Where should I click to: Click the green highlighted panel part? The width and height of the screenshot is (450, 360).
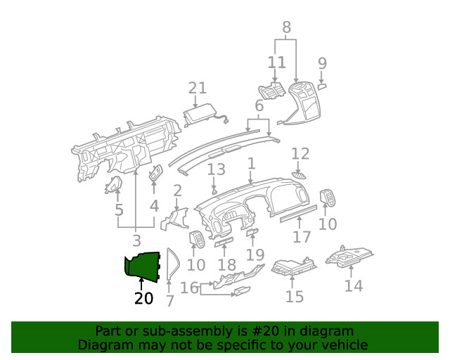(x=143, y=265)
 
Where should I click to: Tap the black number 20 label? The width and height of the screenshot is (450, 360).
(x=143, y=299)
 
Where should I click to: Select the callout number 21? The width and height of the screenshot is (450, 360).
(x=198, y=88)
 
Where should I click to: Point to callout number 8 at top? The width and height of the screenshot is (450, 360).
(x=286, y=28)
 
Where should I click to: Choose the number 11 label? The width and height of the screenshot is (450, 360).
(x=277, y=63)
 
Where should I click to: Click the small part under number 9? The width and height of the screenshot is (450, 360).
(x=321, y=87)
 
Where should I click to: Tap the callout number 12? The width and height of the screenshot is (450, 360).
(x=300, y=153)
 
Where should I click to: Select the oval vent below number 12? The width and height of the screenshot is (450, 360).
(x=300, y=174)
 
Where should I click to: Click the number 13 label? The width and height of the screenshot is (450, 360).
(x=216, y=169)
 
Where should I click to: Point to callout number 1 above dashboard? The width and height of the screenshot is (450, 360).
(x=250, y=164)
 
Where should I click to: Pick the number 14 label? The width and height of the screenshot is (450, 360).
(x=354, y=286)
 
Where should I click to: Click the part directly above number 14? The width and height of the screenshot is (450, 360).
(x=352, y=257)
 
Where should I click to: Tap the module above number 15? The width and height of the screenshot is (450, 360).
(x=292, y=267)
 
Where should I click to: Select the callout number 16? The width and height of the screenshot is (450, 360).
(x=189, y=287)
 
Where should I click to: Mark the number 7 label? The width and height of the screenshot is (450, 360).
(x=169, y=301)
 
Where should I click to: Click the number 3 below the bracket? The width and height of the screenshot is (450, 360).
(x=136, y=240)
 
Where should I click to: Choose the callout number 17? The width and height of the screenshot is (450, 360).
(x=302, y=238)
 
